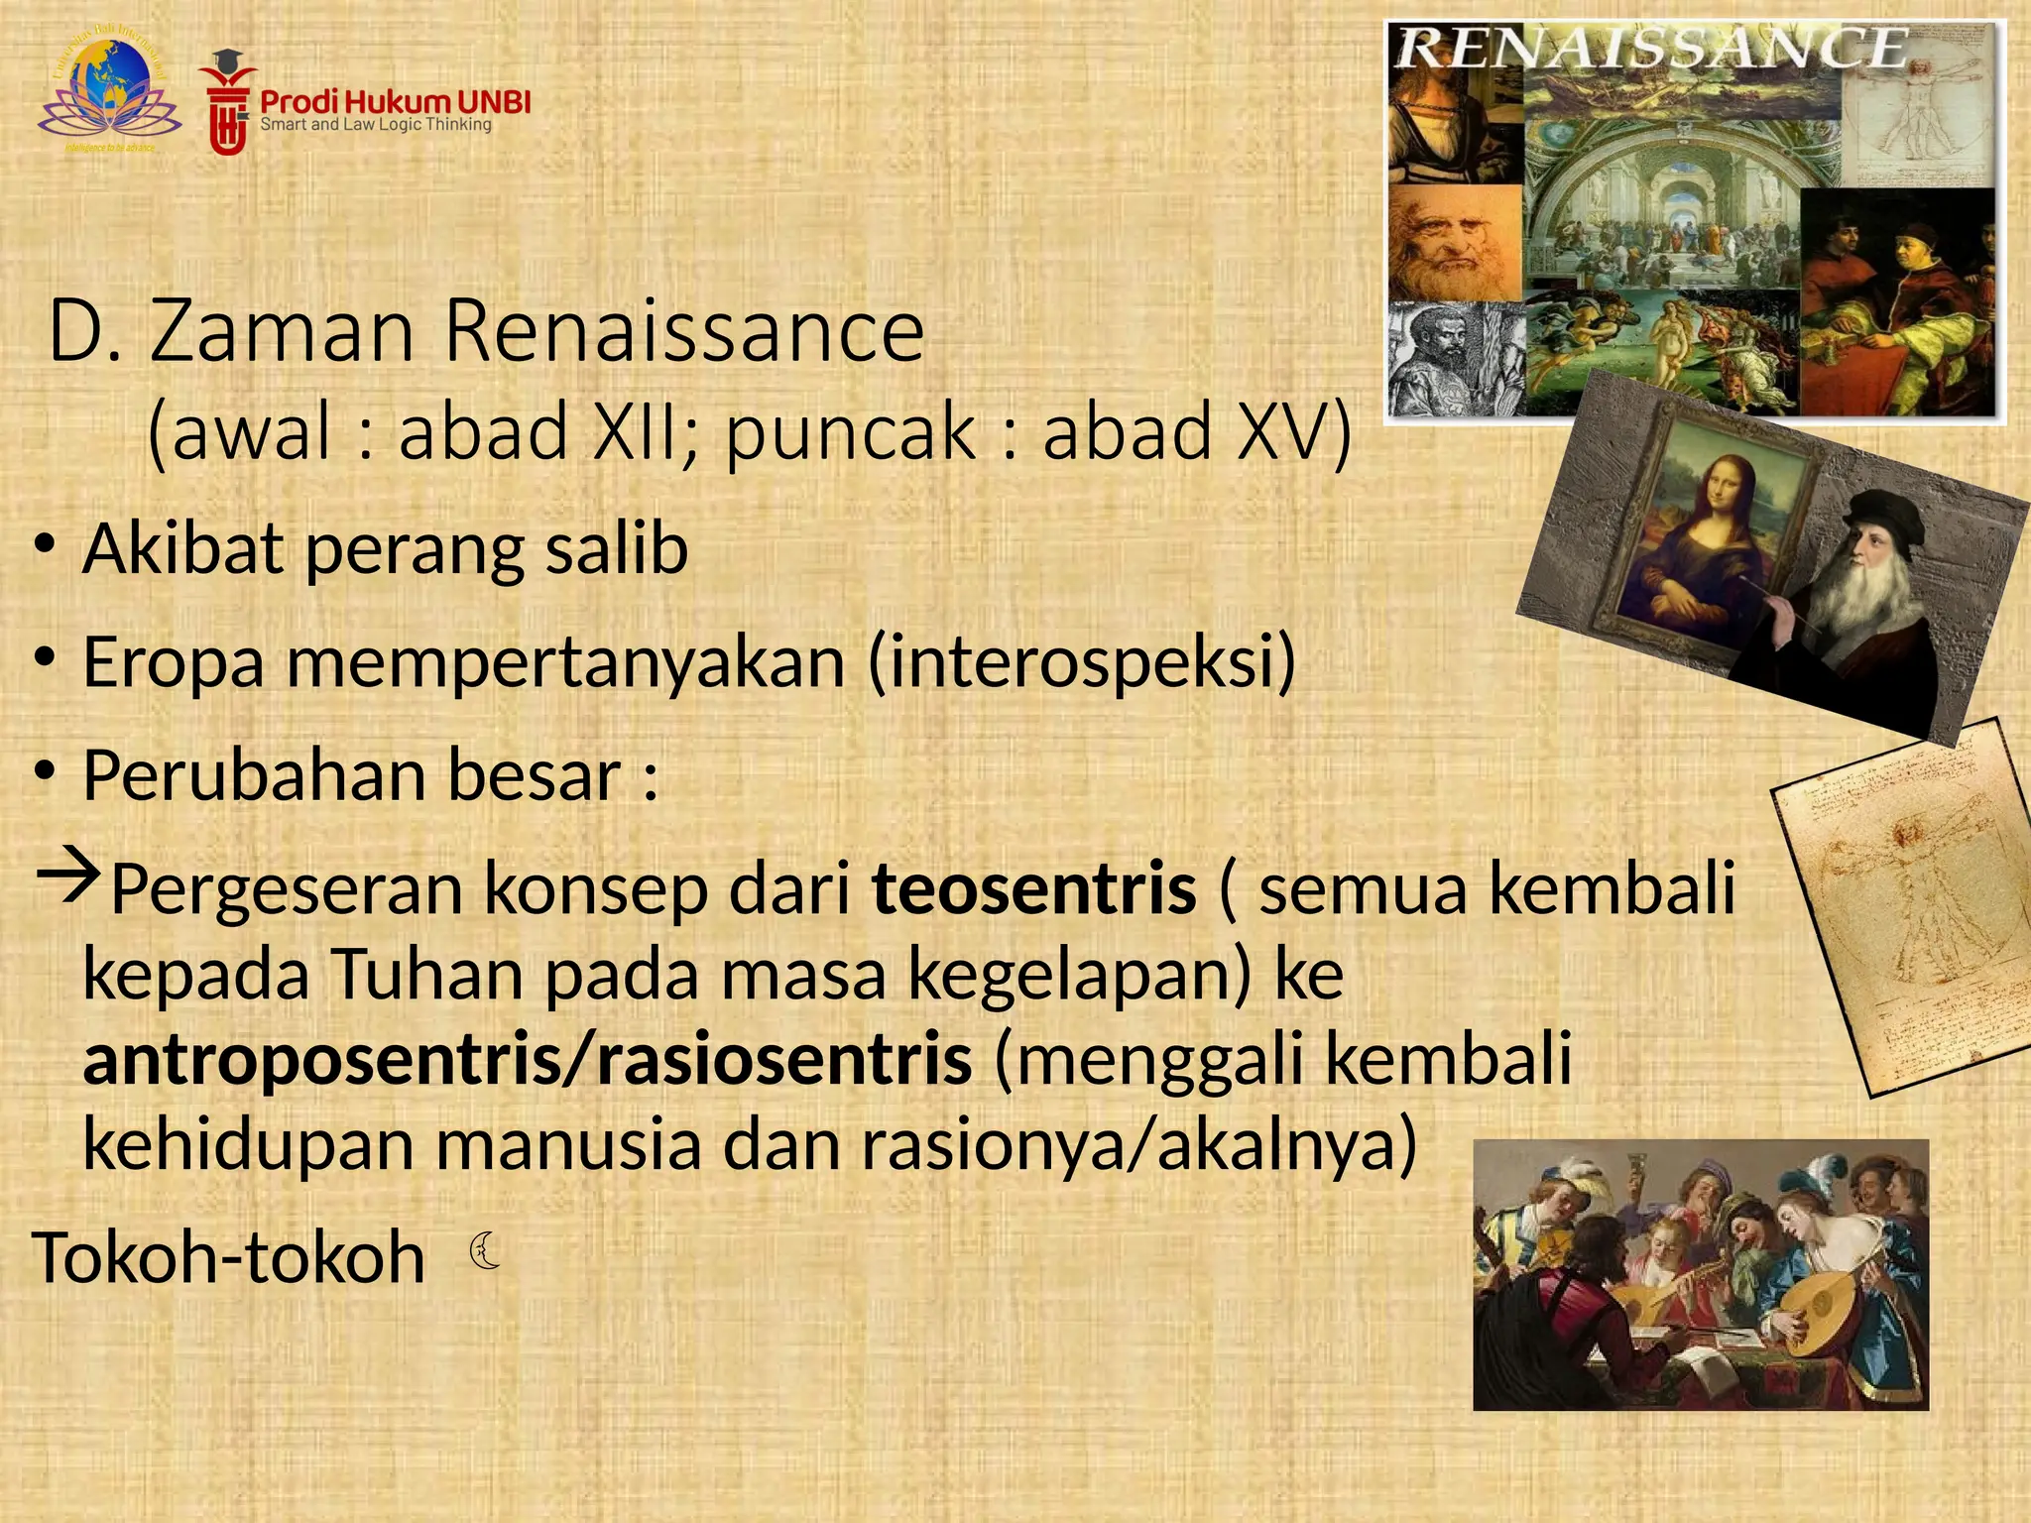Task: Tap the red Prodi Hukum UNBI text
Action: tap(395, 101)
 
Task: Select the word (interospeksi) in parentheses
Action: tap(1081, 662)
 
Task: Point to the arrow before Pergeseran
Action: tap(67, 877)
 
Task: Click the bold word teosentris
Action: tap(1034, 888)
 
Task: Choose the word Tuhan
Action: tap(426, 975)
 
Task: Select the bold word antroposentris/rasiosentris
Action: tap(527, 1059)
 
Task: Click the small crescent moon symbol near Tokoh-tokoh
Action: tap(485, 1250)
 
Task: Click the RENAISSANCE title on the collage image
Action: tap(1651, 50)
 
